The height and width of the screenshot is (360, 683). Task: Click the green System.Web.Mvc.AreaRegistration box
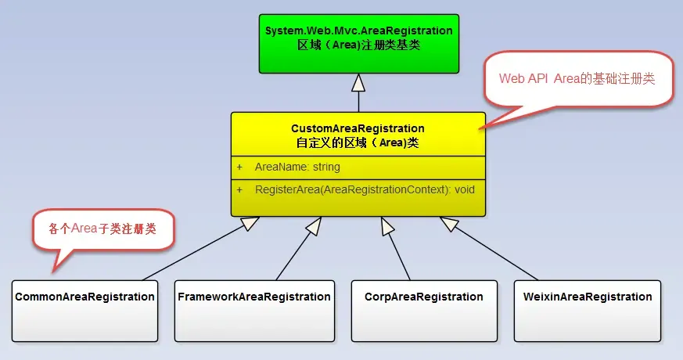tap(359, 44)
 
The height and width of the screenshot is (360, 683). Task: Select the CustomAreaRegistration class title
tap(358, 128)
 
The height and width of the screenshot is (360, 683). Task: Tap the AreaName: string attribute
tap(297, 167)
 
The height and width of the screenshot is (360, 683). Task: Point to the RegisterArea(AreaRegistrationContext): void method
tap(365, 189)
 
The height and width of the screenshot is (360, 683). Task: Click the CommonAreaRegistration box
tap(85, 311)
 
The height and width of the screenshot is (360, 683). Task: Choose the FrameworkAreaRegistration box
tap(255, 311)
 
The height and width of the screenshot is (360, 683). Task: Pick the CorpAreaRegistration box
tap(424, 311)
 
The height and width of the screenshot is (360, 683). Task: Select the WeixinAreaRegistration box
tap(588, 311)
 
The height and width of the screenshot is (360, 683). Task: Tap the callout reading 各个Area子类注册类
tap(103, 229)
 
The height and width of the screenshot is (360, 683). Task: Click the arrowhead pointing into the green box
tap(358, 83)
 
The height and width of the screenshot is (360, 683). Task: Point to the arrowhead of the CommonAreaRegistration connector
tap(250, 223)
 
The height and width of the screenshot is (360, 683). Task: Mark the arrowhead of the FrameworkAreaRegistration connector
tap(314, 225)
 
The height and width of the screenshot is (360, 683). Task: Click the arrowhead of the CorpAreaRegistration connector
tap(387, 225)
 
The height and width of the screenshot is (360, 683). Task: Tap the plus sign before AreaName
tap(239, 167)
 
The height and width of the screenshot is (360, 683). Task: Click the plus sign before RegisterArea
tap(239, 189)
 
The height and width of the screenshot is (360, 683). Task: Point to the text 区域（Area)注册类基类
tap(358, 45)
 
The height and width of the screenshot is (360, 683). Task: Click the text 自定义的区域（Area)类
tap(358, 143)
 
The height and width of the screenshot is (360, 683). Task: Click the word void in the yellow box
tap(465, 189)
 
